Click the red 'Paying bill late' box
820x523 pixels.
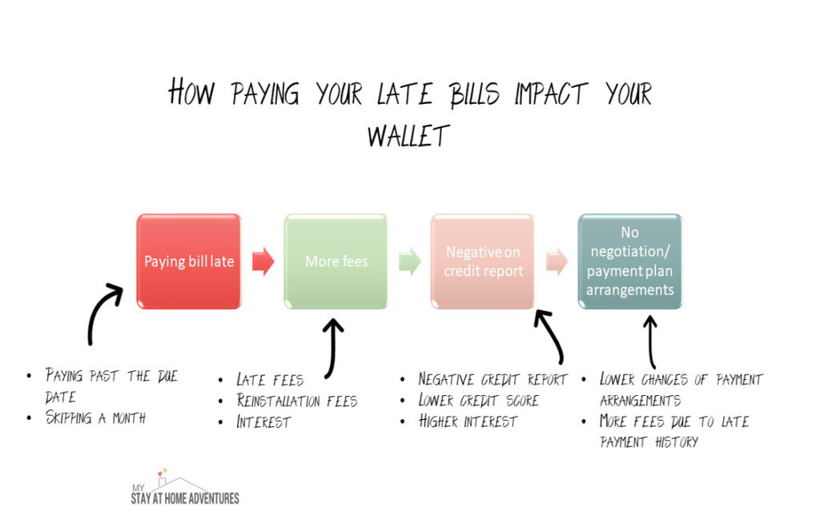188,261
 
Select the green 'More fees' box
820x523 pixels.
336,261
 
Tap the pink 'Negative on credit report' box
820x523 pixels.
483,261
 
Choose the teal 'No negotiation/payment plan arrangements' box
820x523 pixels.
629,261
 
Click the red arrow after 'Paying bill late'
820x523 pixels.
263,261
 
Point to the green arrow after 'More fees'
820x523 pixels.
410,261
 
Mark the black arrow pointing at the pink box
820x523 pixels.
551,336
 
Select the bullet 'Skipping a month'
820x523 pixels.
95,417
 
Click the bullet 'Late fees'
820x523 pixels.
270,379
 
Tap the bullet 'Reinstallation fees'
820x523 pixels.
297,401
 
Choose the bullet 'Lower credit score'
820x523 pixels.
478,400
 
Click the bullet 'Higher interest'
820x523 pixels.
468,421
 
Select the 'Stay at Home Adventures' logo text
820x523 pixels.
185,497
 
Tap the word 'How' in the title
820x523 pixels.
191,94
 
